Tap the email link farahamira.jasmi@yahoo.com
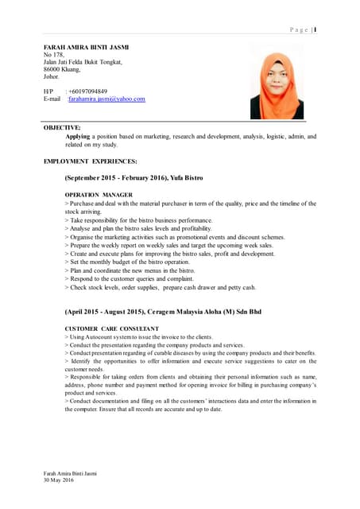[x=106, y=99]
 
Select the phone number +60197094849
[x=88, y=91]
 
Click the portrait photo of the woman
[x=277, y=83]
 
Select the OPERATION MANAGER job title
[x=99, y=195]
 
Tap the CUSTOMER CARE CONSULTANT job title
[x=111, y=328]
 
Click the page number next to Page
[x=315, y=30]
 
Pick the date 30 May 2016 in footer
[x=59, y=481]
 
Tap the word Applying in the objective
[x=77, y=136]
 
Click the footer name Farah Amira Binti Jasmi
[x=70, y=474]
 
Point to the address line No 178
[x=53, y=55]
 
